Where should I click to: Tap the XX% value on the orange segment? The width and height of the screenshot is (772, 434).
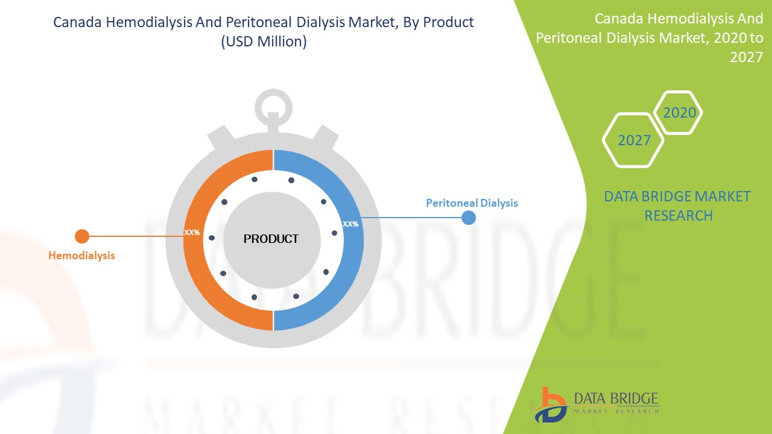[x=192, y=233]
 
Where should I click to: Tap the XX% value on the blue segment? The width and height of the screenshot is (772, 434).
[x=350, y=224]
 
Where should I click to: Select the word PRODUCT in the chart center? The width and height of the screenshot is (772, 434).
[x=271, y=239]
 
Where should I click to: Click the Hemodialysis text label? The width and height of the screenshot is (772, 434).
[x=81, y=256]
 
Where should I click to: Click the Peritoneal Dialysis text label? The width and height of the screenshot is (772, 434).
[x=472, y=203]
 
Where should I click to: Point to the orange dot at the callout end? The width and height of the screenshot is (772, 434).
[x=82, y=236]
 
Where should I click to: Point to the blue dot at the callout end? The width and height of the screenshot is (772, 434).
[x=469, y=218]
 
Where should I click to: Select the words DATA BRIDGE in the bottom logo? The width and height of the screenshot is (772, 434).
[x=616, y=398]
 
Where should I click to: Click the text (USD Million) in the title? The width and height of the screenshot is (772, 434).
[x=264, y=42]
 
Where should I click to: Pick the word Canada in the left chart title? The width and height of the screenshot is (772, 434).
[x=77, y=22]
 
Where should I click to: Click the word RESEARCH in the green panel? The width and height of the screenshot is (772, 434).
[x=679, y=216]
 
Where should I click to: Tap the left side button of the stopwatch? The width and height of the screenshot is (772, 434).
[x=221, y=138]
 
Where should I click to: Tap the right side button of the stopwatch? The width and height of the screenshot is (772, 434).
[x=326, y=138]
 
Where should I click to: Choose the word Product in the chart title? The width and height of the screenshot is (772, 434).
[x=448, y=22]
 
